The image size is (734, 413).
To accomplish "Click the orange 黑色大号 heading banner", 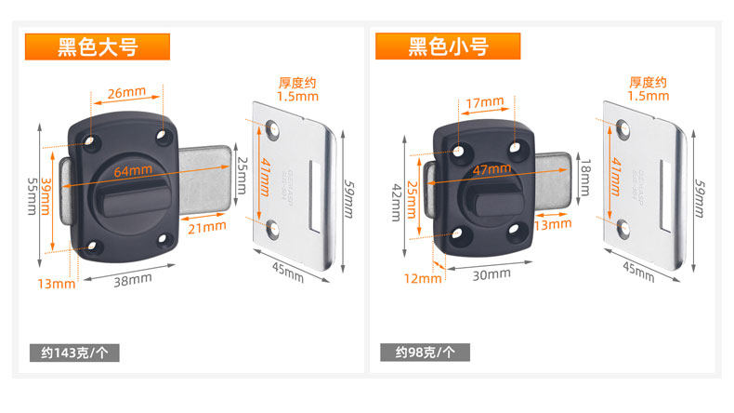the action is coord(97,47).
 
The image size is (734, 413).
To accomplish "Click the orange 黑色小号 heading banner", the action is coord(448,47).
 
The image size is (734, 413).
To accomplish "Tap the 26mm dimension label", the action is coord(126,93).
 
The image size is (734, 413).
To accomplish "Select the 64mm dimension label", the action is coord(133,170).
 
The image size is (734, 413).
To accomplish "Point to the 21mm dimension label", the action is coord(207,225).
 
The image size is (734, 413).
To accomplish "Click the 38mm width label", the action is coord(133,279).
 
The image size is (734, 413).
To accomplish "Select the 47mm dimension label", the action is coord(491,170).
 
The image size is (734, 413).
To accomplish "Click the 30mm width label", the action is coord(491,273).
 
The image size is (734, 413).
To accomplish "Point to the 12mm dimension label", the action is coord(423,278).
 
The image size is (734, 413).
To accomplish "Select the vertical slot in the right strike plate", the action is coord(665,195).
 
